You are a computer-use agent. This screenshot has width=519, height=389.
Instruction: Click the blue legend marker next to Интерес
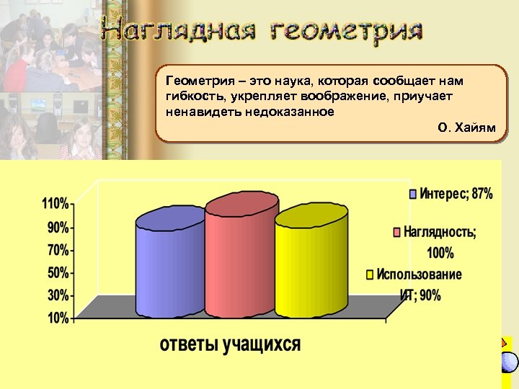coord(412,194)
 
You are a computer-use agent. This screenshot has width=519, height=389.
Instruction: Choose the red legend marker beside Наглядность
coord(396,233)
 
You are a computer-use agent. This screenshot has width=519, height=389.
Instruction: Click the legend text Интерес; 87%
coord(456,194)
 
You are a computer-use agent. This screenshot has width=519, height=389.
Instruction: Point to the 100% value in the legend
coord(440,253)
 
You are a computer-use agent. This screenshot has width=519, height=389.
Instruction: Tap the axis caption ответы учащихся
coord(230,344)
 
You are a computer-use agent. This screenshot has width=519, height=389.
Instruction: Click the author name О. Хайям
coord(466,128)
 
